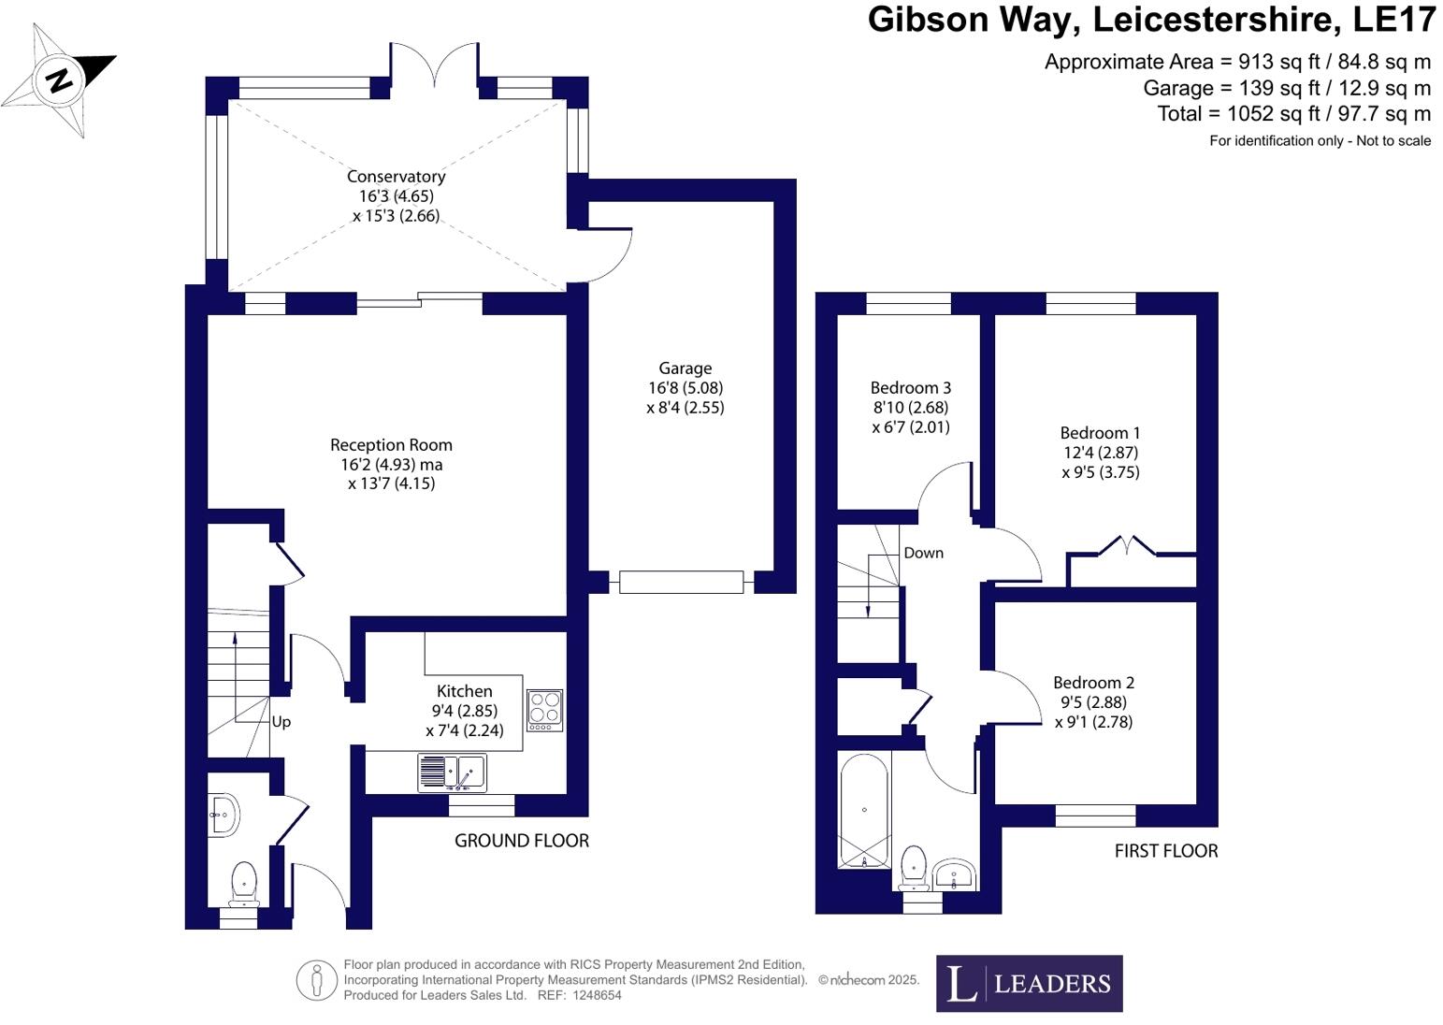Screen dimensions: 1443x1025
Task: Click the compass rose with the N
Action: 59,80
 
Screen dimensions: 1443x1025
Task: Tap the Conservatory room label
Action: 396,177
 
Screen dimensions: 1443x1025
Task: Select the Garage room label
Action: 685,368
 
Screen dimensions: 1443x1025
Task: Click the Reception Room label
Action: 391,445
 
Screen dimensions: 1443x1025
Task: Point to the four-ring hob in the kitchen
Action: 544,710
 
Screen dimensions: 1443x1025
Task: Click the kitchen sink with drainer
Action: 453,772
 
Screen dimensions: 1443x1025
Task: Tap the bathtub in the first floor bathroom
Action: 864,811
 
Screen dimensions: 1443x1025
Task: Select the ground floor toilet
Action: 244,884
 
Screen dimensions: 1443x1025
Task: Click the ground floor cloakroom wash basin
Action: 225,815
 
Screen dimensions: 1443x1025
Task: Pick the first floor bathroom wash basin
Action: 955,874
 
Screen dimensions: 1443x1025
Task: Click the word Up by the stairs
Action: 281,722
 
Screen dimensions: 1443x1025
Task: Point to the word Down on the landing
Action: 923,553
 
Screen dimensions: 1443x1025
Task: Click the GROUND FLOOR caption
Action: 521,841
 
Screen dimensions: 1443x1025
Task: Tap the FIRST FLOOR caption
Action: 1165,851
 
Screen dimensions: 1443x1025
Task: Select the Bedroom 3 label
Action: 910,388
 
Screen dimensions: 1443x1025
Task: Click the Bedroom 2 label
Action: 1093,683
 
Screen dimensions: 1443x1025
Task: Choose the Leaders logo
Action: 1029,983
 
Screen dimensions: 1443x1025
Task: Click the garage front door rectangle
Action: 681,582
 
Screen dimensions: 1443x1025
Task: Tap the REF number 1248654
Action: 585,995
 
